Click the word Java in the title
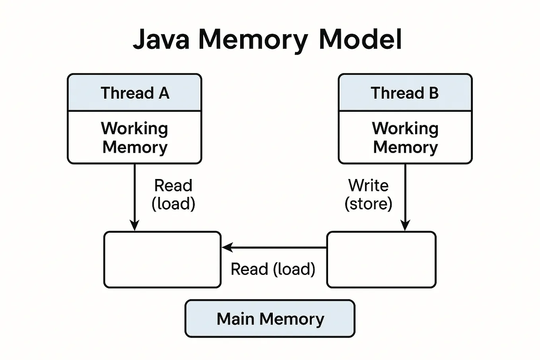(x=161, y=39)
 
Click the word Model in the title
(x=360, y=39)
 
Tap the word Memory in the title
(x=253, y=40)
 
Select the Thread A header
(x=134, y=93)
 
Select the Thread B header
(x=405, y=93)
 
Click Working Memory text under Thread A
(x=134, y=138)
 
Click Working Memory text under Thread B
(x=405, y=138)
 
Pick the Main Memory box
(x=270, y=319)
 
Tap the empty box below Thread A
(x=162, y=259)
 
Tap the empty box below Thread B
(x=381, y=259)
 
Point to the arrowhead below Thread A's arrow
(x=134, y=226)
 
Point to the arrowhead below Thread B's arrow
(x=405, y=226)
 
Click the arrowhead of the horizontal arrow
(x=227, y=247)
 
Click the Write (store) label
(x=368, y=195)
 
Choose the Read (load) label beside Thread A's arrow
(x=173, y=195)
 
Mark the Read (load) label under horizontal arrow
(x=273, y=269)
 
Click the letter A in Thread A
(x=164, y=93)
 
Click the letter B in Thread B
(x=433, y=93)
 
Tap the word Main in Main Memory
(x=235, y=319)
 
